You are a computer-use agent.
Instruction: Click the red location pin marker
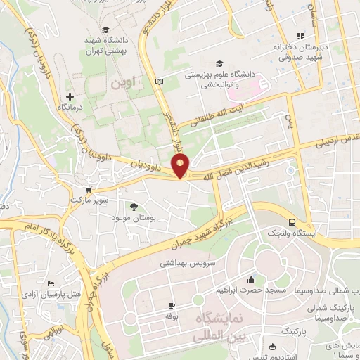tap(181, 167)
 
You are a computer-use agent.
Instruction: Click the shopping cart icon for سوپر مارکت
tap(88, 190)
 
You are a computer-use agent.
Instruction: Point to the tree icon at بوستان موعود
tap(133, 207)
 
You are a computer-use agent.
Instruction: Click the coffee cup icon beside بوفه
tap(171, 306)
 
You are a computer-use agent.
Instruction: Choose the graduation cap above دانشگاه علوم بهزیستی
tap(220, 63)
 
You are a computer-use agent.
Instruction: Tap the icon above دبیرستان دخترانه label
tap(300, 35)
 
